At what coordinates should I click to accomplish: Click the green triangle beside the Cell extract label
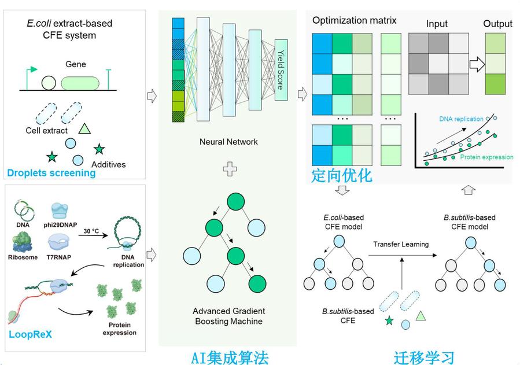[x=85, y=130]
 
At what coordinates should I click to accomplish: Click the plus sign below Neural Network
[x=230, y=169]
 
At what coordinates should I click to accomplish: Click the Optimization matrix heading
[x=354, y=21]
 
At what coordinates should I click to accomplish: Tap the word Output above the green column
[x=498, y=24]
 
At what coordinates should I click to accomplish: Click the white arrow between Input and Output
[x=475, y=64]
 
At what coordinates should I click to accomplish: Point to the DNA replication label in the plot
[x=461, y=119]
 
